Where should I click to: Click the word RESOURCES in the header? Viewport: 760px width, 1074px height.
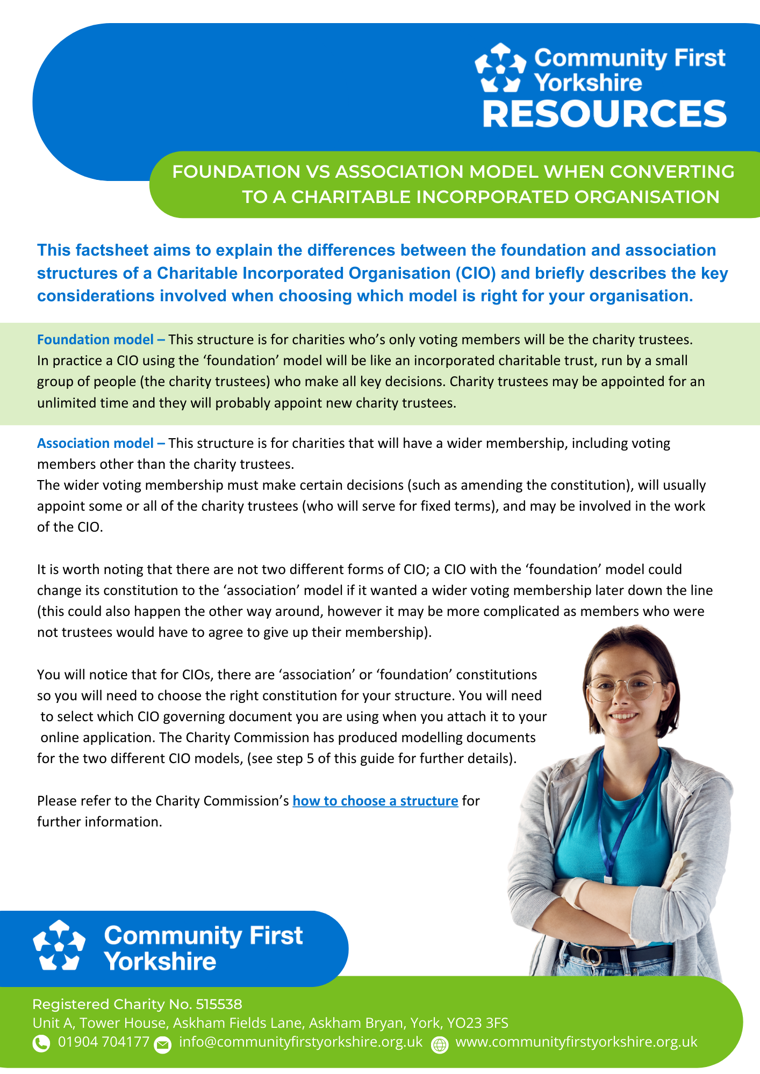pos(605,114)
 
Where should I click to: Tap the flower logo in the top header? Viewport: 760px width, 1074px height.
pos(500,68)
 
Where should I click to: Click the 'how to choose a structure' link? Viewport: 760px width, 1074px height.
pos(375,801)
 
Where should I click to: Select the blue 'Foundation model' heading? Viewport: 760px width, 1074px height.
pos(95,339)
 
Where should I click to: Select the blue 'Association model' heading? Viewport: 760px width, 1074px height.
pos(95,443)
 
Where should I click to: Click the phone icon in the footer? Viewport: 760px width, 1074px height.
pos(41,1043)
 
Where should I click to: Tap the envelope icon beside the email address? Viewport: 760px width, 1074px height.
pos(162,1044)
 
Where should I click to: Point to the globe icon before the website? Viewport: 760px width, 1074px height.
pos(440,1045)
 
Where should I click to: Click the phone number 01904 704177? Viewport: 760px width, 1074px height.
pos(103,1042)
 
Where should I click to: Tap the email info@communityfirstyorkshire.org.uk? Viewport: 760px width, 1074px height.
pos(300,1042)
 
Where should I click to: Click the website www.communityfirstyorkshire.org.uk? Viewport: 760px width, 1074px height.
pos(576,1042)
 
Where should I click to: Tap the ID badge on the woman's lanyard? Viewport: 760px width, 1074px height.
pos(608,881)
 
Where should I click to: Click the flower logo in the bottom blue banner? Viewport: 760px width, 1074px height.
pos(59,946)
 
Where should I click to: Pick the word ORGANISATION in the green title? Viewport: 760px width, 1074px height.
pos(647,197)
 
